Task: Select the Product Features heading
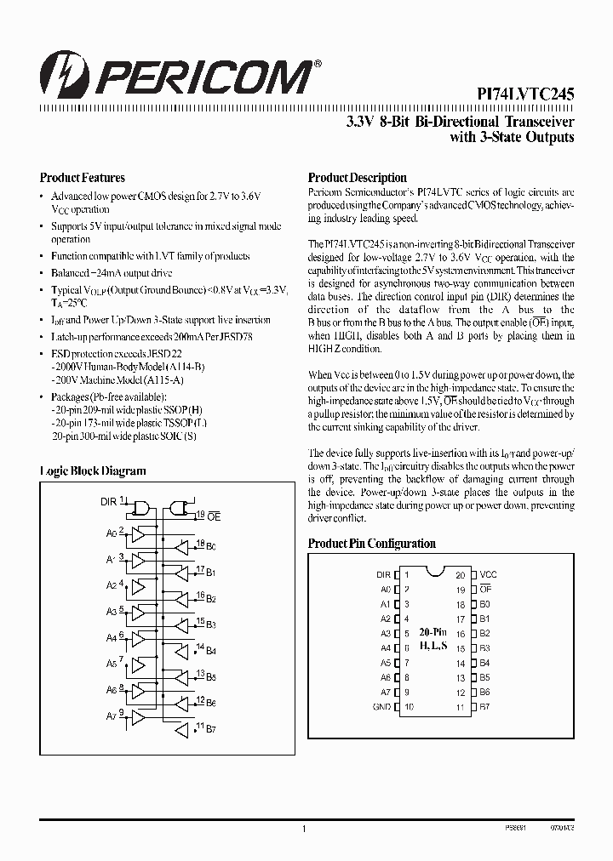(82, 178)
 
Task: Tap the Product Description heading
(357, 178)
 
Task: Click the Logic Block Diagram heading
(93, 470)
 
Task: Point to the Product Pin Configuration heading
(371, 544)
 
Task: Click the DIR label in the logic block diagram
(107, 502)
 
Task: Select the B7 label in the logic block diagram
(211, 731)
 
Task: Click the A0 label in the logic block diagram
(111, 533)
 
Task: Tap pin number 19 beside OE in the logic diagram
(200, 515)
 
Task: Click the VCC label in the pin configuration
(488, 574)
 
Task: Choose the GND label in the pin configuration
(381, 707)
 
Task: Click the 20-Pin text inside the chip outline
(432, 632)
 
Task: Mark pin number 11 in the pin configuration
(460, 707)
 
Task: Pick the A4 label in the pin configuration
(385, 648)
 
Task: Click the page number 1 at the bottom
(304, 828)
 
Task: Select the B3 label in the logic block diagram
(211, 625)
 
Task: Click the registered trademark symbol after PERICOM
(318, 64)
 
